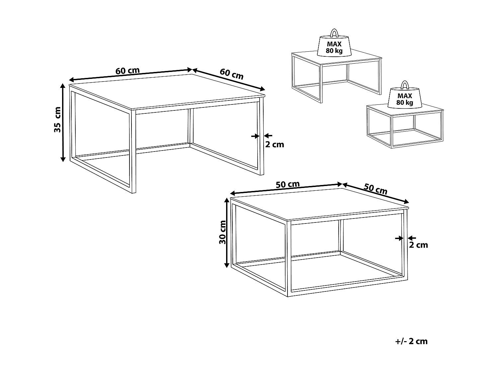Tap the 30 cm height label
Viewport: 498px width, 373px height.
pyautogui.click(x=222, y=232)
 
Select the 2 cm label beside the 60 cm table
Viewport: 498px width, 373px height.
pyautogui.click(x=275, y=145)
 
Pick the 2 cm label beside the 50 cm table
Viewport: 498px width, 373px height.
pyautogui.click(x=418, y=245)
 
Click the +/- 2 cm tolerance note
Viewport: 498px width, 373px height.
pyautogui.click(x=412, y=341)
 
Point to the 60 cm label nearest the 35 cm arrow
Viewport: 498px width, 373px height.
pyautogui.click(x=127, y=71)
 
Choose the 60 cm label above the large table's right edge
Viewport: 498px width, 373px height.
pyautogui.click(x=231, y=74)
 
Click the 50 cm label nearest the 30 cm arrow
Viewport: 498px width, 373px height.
pyautogui.click(x=288, y=185)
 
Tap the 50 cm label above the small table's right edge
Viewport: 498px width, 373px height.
pyautogui.click(x=375, y=189)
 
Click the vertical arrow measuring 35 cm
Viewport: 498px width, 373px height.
pyautogui.click(x=63, y=123)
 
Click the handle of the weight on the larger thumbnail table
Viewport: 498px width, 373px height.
pyautogui.click(x=334, y=33)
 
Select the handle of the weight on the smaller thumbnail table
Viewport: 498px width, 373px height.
pyautogui.click(x=405, y=85)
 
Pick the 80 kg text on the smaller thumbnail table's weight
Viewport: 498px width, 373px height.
pyautogui.click(x=405, y=103)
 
